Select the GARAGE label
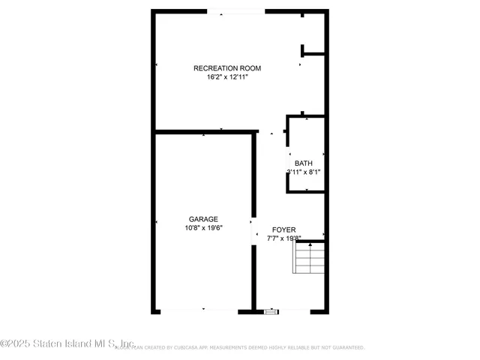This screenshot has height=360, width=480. (203, 219)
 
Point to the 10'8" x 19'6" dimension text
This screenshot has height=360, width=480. (204, 228)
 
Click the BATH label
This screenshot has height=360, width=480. (303, 163)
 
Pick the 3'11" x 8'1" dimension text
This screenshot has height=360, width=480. (303, 172)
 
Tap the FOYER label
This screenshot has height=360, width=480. (283, 229)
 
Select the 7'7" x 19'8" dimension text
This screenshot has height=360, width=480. (283, 238)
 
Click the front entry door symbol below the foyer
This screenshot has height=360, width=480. (270, 310)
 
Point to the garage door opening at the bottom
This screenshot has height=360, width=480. (202, 310)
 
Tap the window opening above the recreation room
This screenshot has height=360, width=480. (235, 11)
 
